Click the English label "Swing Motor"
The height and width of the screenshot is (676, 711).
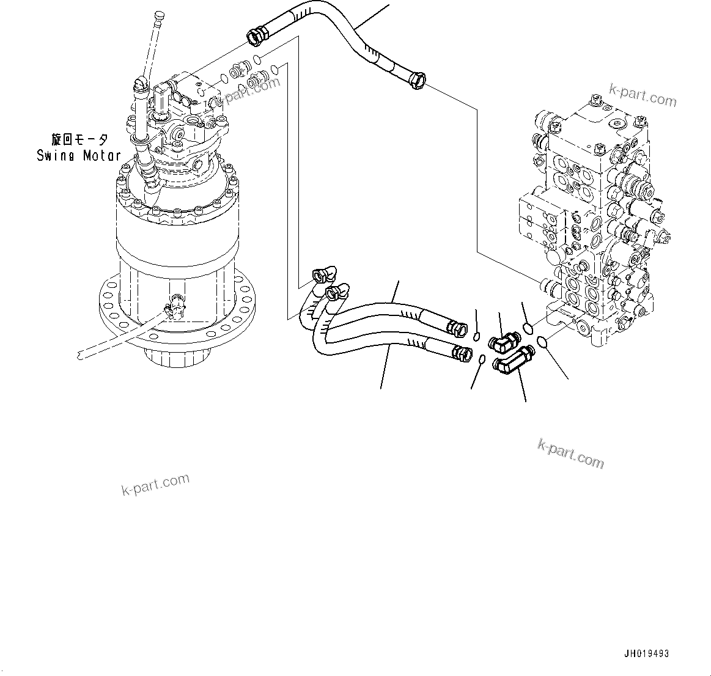(x=78, y=155)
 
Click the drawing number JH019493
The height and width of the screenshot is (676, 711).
(x=646, y=653)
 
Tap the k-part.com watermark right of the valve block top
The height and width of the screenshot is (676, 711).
(x=643, y=97)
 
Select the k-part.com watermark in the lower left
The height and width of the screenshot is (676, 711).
(x=155, y=484)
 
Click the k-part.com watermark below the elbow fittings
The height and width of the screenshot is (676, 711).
(x=570, y=453)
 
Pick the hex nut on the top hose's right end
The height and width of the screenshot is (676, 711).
(x=418, y=80)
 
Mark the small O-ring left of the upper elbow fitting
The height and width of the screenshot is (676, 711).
(x=477, y=334)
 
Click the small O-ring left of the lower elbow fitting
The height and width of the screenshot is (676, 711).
(x=482, y=359)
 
